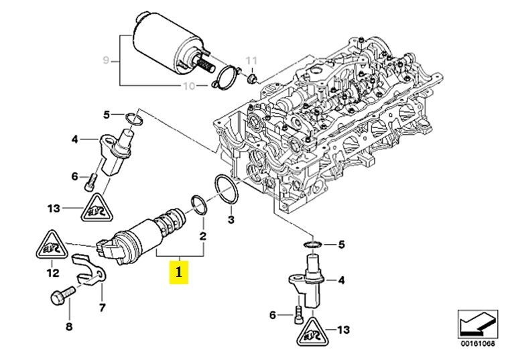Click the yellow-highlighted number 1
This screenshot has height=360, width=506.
coord(178,273)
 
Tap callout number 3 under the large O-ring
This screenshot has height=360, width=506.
coord(231,219)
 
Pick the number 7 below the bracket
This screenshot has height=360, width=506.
coord(102,308)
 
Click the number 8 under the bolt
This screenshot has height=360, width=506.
coord(68,326)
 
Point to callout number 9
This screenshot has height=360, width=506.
coord(105,61)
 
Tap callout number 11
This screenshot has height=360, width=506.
coord(252,61)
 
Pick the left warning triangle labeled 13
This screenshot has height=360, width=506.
coord(97,207)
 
